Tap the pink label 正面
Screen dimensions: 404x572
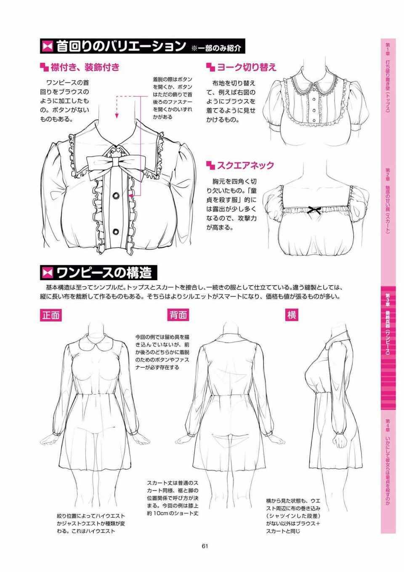pyautogui.click(x=51, y=315)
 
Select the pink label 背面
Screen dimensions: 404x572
pyautogui.click(x=178, y=315)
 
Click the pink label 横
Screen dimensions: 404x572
pyautogui.click(x=292, y=315)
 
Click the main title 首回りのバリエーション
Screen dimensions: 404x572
pyautogui.click(x=121, y=46)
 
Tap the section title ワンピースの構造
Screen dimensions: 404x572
pyautogui.click(x=104, y=273)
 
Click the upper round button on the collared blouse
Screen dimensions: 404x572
pyautogui.click(x=116, y=196)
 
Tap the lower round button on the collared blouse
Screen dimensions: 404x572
pyautogui.click(x=116, y=232)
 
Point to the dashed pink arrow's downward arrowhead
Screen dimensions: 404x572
pyautogui.click(x=117, y=116)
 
